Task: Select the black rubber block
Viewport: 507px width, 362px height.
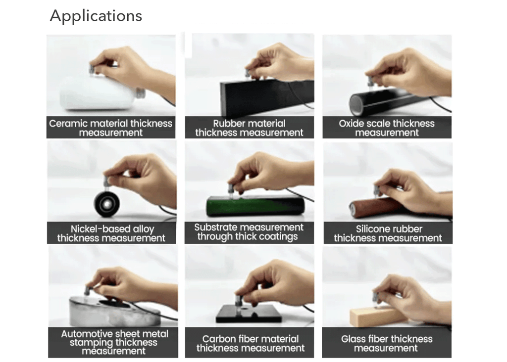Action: click(267, 97)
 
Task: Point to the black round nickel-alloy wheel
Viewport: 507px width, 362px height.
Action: click(107, 203)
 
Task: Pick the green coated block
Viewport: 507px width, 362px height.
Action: click(255, 206)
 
